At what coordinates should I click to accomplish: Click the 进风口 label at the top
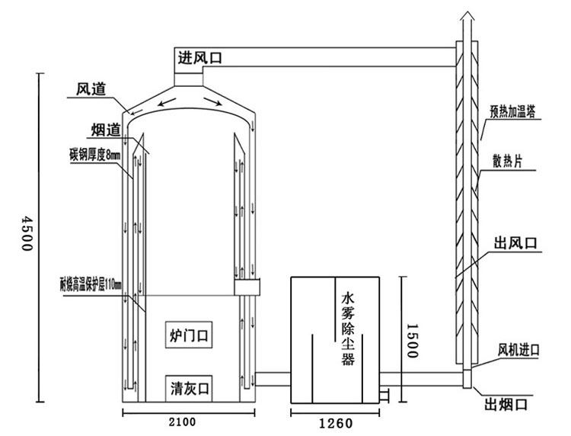pos(200,57)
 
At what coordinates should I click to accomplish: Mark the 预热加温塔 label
pos(512,111)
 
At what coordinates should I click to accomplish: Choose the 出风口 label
pos(515,242)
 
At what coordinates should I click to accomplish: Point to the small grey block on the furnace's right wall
pos(248,288)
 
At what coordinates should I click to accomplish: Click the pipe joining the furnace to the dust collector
pos(273,379)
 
